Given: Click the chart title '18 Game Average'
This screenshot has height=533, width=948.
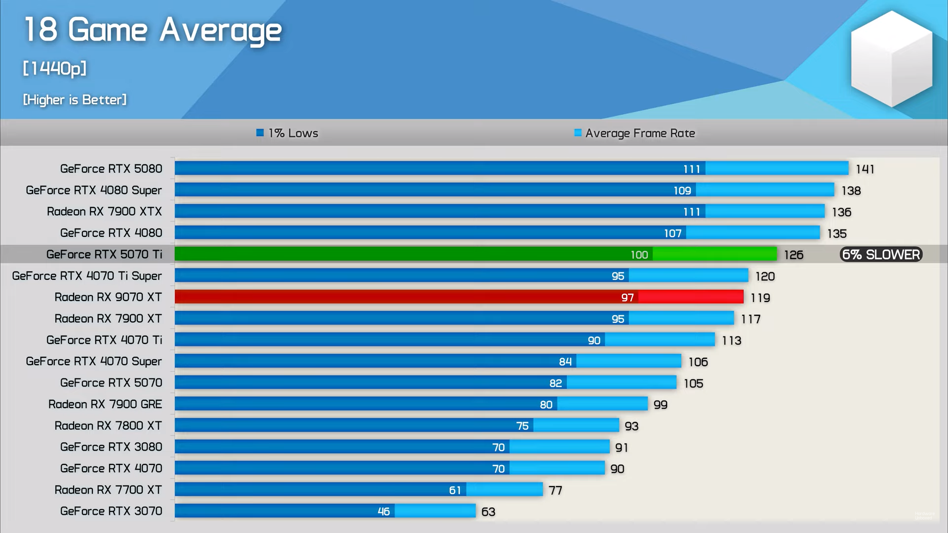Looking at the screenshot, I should [x=153, y=31].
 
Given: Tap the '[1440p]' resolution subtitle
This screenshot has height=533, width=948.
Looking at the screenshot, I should [x=55, y=68].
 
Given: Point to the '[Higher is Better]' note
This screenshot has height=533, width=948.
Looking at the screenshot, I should [x=75, y=100].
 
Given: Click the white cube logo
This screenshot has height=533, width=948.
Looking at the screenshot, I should [x=891, y=59].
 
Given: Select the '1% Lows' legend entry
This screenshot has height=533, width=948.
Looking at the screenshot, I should [x=287, y=133].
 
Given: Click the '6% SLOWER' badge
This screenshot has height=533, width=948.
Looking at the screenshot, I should [x=881, y=255].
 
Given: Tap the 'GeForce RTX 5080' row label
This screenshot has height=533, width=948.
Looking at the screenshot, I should [x=111, y=169].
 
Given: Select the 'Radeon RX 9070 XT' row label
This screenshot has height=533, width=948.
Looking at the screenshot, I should [x=108, y=297].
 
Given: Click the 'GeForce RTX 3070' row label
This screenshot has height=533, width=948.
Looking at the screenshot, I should [x=111, y=511].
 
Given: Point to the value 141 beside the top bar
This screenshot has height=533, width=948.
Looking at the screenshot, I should [x=865, y=169].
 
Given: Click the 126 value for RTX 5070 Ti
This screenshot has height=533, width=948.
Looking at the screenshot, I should [x=793, y=255].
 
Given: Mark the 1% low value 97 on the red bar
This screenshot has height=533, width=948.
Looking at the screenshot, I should [x=627, y=298].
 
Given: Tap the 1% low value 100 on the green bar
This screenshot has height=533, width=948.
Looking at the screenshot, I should [x=639, y=255].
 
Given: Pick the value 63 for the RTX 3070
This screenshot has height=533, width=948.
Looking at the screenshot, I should [x=488, y=512].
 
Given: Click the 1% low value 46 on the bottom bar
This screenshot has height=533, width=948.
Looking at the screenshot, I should [x=384, y=512].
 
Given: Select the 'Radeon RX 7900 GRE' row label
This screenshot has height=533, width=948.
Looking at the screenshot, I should [x=105, y=404].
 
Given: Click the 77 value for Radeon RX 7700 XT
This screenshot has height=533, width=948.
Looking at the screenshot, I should [x=555, y=491].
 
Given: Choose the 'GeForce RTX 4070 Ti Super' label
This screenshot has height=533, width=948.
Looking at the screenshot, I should [x=87, y=276].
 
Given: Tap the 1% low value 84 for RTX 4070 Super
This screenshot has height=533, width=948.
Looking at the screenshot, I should [x=565, y=362].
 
